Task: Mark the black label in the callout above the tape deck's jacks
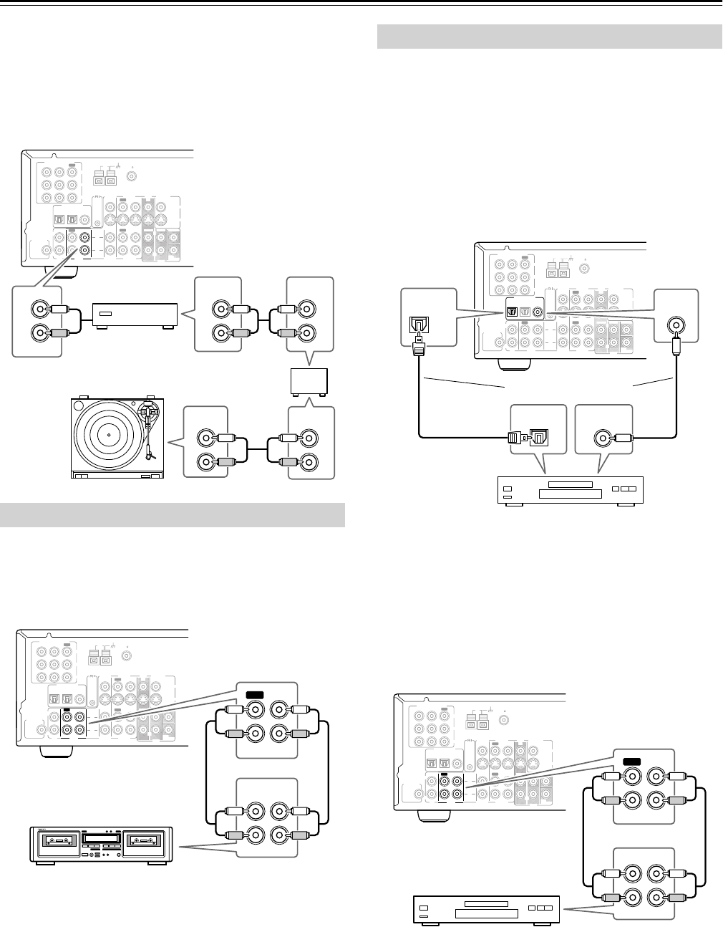[254, 694]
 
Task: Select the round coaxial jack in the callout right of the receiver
[674, 325]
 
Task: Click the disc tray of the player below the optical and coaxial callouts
[566, 494]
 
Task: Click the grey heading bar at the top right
[549, 35]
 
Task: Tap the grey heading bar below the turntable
[173, 514]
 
